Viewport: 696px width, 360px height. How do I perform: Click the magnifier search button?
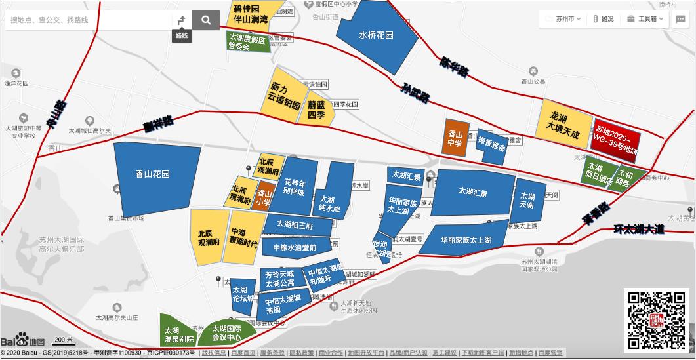click(206, 20)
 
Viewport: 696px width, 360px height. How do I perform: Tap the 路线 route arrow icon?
click(182, 20)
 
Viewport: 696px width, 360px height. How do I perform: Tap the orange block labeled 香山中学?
click(455, 138)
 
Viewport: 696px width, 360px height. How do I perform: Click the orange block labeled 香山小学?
click(263, 197)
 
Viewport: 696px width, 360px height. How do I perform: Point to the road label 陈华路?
click(454, 65)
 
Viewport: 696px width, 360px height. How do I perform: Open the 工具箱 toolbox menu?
click(646, 19)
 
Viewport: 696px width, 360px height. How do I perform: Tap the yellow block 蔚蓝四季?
click(317, 110)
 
